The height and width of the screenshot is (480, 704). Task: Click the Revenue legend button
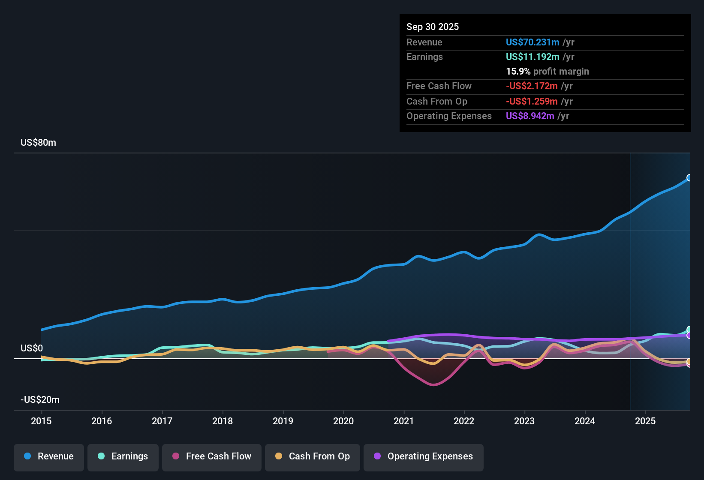[x=49, y=456]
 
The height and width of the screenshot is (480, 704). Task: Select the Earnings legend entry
[x=123, y=456]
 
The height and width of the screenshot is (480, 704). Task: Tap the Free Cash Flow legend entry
[x=212, y=456]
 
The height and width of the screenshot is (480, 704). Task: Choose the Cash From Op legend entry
[x=313, y=456]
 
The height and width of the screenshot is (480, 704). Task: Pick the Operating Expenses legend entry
[x=424, y=456]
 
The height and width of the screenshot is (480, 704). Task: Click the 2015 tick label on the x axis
[x=41, y=421]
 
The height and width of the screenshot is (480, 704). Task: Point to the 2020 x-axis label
[x=343, y=421]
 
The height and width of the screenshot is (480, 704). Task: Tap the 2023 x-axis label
[x=524, y=421]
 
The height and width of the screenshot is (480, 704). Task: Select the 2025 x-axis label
[x=645, y=421]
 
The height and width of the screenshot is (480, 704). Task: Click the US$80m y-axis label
[x=38, y=143]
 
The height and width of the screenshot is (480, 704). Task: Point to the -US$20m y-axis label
[x=40, y=400]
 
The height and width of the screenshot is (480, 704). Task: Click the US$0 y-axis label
[x=32, y=348]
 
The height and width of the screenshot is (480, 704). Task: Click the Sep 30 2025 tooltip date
[x=433, y=27]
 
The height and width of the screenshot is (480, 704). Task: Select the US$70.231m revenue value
[x=533, y=42]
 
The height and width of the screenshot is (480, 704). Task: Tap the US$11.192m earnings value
[x=533, y=57]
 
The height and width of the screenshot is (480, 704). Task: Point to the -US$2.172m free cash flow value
[x=532, y=86]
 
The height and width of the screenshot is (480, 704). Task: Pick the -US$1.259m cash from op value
[x=532, y=101]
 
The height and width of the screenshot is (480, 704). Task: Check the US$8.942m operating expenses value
[x=530, y=116]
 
